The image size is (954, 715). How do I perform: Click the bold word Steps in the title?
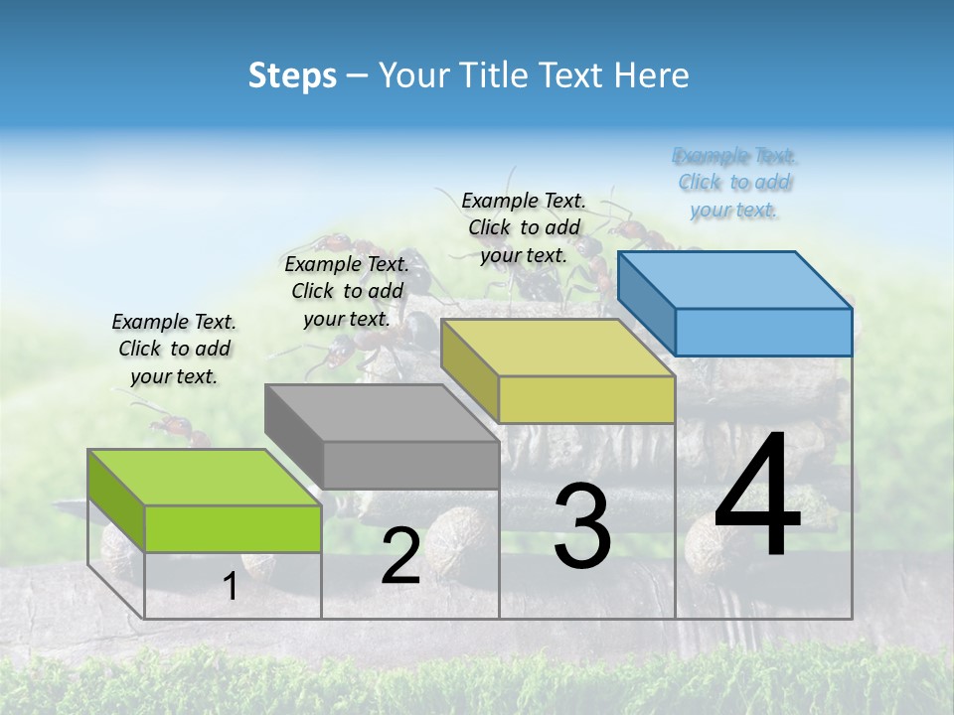click(x=291, y=75)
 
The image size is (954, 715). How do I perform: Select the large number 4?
click(x=757, y=497)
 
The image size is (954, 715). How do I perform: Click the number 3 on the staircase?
click(x=582, y=526)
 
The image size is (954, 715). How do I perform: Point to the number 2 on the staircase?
click(x=400, y=556)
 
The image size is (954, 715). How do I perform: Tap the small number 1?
click(x=231, y=587)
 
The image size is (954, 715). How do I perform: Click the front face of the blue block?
click(x=763, y=332)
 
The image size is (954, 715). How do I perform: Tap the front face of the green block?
click(x=233, y=528)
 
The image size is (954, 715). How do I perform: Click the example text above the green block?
click(x=174, y=349)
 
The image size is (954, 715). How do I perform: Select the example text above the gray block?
click(x=347, y=291)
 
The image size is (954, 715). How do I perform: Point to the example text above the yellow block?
click(x=524, y=227)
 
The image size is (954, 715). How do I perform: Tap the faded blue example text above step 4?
click(x=734, y=183)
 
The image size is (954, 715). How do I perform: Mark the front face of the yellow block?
click(x=586, y=399)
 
